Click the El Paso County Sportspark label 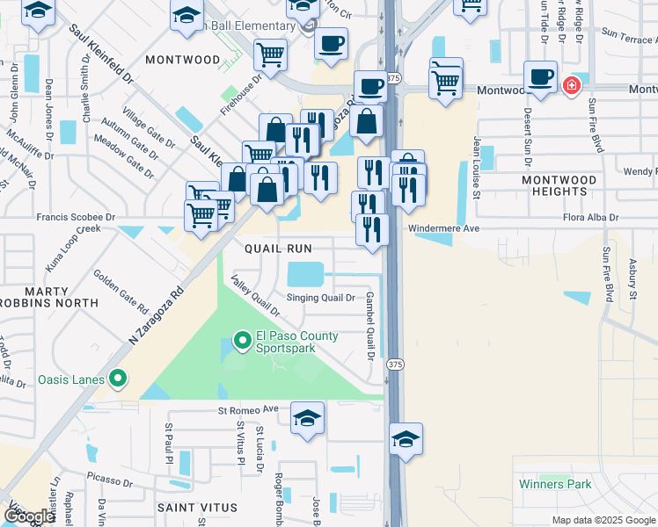point(296,342)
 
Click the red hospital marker point(571,85)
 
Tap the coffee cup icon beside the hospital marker point(540,76)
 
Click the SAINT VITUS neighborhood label point(197,508)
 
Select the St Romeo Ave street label point(248,409)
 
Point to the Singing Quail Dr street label point(321,299)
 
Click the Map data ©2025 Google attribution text point(603,520)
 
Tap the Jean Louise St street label point(477,167)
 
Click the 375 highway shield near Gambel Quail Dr point(395,364)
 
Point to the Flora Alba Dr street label point(589,218)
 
